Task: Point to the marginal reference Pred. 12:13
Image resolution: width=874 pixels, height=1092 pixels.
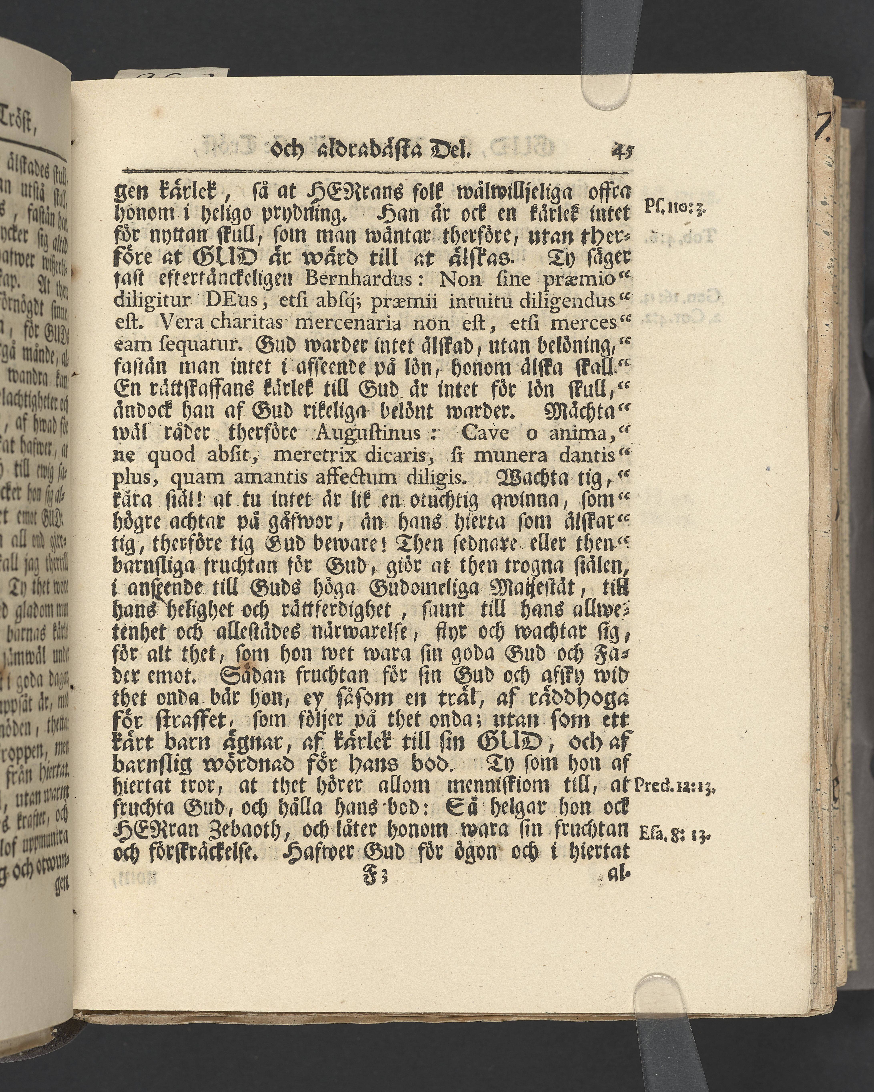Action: (x=674, y=786)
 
